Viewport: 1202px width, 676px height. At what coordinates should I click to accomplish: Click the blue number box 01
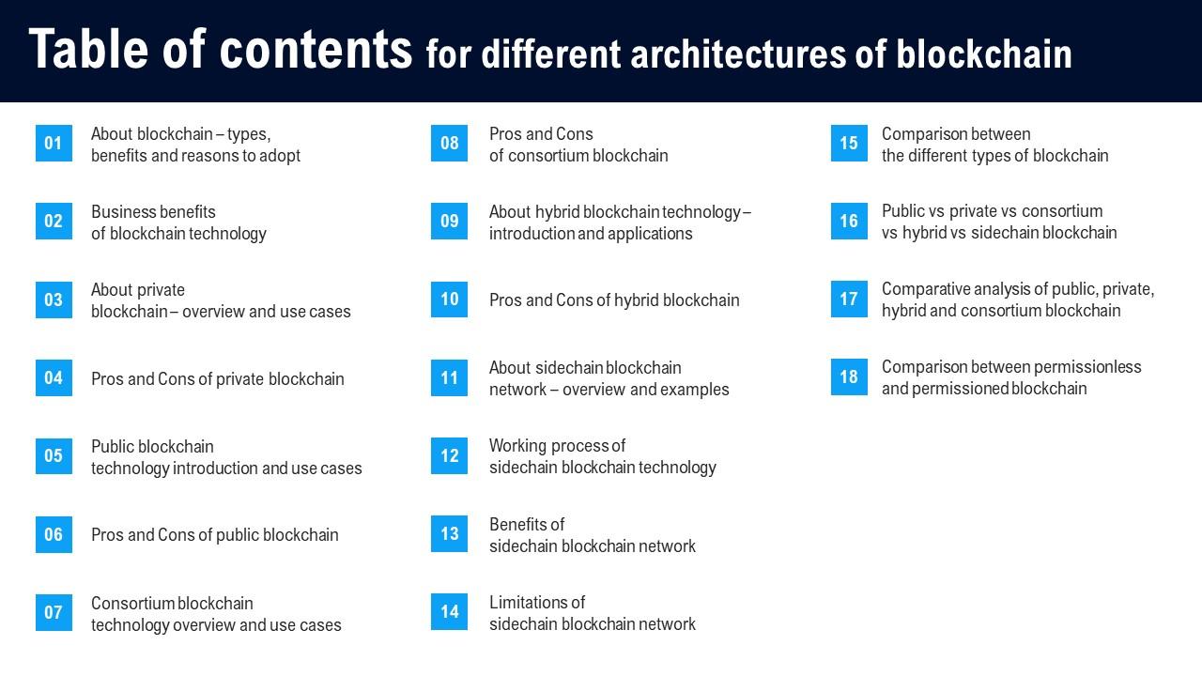[x=54, y=144]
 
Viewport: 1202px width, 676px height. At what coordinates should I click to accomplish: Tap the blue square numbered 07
[x=54, y=612]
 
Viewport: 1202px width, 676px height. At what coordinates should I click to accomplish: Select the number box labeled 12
[x=450, y=455]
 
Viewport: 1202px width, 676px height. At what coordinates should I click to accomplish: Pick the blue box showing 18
[x=849, y=377]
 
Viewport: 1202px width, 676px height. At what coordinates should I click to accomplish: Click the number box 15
[x=849, y=144]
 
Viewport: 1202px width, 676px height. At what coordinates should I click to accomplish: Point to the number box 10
[x=450, y=300]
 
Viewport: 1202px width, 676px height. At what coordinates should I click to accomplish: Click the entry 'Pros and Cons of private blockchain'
[x=218, y=379]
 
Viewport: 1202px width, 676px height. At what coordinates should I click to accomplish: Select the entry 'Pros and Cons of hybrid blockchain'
[x=614, y=300]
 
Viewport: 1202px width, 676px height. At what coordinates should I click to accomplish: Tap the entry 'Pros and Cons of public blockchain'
[x=215, y=535]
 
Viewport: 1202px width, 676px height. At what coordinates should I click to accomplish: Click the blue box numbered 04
[x=54, y=377]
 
